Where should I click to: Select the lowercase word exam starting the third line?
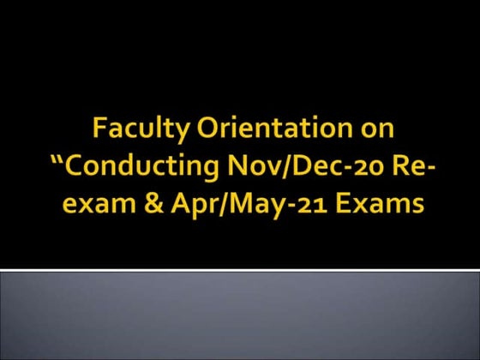click(87, 207)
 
